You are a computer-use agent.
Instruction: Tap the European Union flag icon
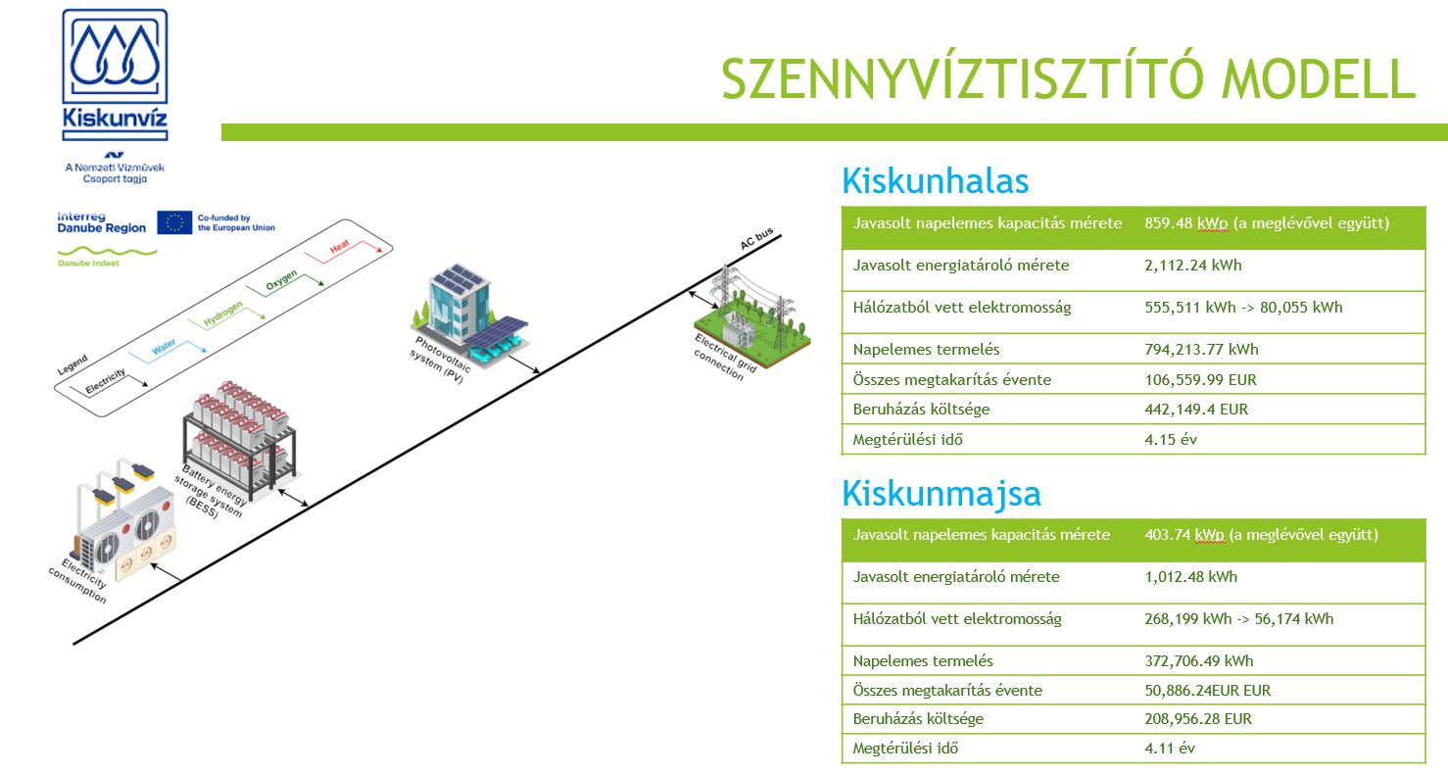tap(174, 222)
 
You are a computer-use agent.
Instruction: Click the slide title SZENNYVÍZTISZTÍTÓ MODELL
tap(1068, 78)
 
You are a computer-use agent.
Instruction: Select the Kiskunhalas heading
tap(936, 182)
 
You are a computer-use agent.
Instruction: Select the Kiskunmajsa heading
tap(941, 493)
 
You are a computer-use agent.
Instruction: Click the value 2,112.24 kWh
tap(1192, 265)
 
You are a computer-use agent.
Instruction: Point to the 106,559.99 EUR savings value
tap(1200, 379)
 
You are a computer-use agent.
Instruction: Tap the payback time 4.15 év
tap(1171, 439)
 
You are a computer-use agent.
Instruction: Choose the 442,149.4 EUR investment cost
tap(1196, 410)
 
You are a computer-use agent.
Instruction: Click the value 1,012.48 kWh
tap(1190, 576)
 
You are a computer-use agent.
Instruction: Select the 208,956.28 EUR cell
tap(1198, 718)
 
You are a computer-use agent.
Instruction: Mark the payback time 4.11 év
tap(1170, 748)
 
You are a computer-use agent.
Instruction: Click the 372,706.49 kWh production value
tap(1198, 660)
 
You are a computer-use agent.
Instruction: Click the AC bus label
tap(756, 238)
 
